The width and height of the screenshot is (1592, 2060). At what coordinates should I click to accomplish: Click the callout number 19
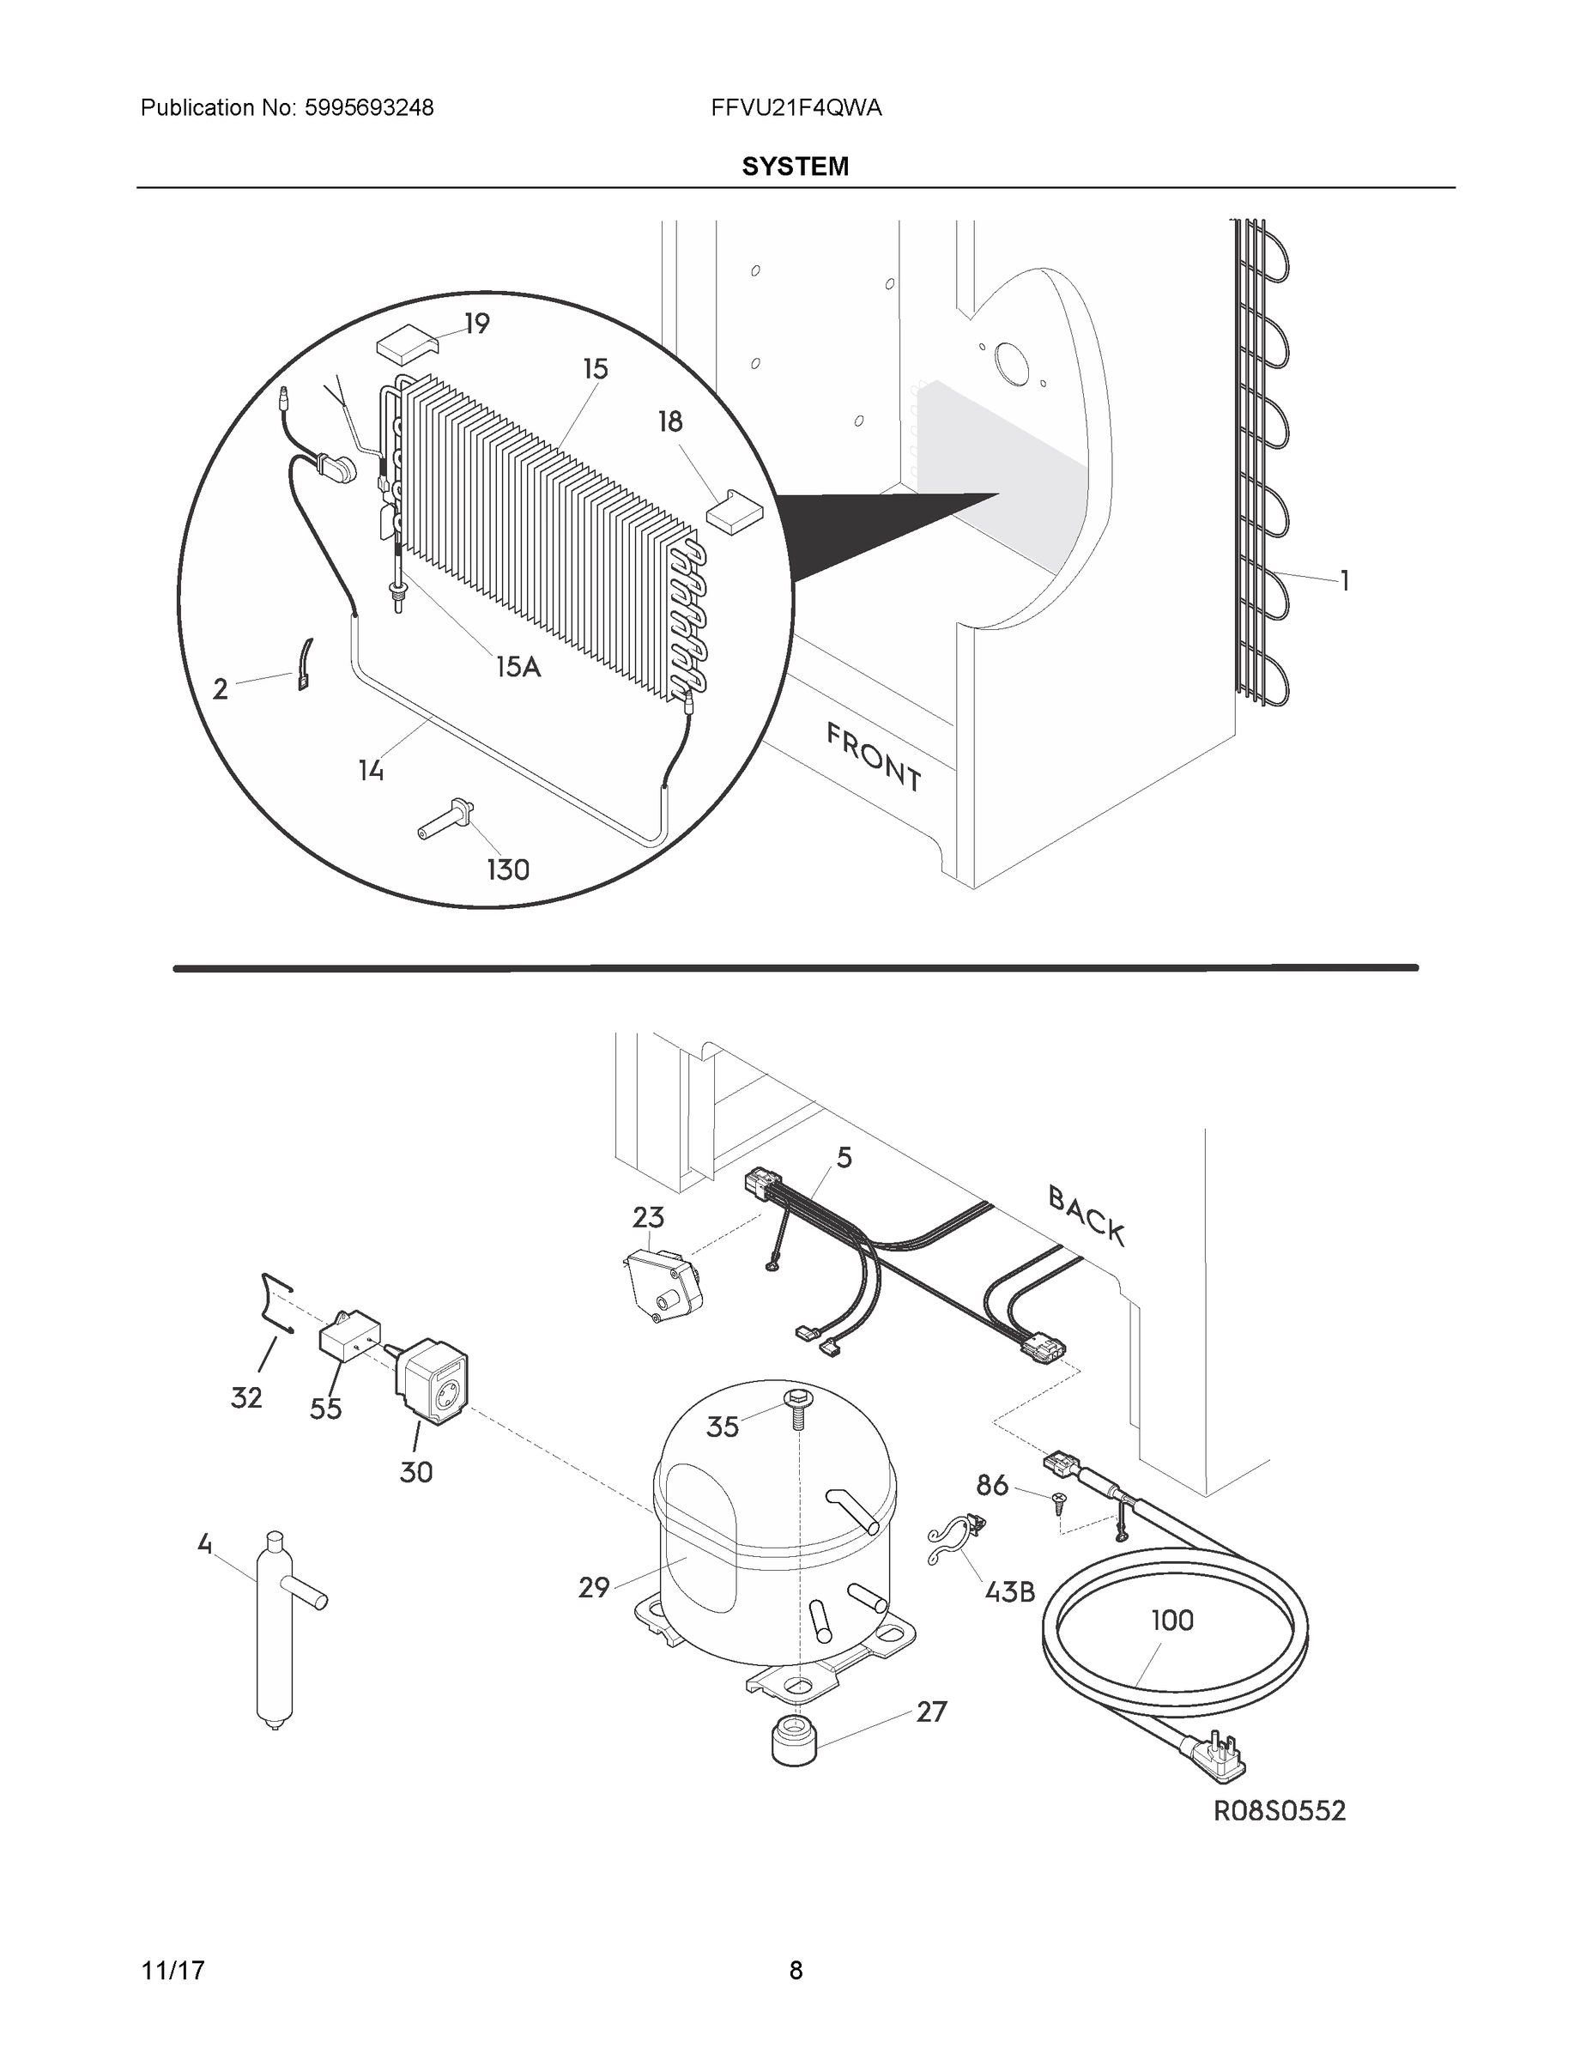[x=477, y=324]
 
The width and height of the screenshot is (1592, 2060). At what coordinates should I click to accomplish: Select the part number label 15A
[x=518, y=667]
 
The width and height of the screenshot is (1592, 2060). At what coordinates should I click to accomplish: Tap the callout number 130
[x=507, y=869]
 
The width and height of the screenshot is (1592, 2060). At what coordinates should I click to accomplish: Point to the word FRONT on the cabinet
[x=874, y=756]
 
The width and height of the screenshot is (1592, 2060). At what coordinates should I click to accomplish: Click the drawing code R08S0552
[x=1279, y=1810]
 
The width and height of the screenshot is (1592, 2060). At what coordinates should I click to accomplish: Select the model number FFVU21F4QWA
[x=796, y=107]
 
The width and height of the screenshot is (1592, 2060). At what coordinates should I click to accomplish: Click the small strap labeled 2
[x=306, y=665]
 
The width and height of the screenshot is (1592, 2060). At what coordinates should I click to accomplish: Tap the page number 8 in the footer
[x=795, y=1970]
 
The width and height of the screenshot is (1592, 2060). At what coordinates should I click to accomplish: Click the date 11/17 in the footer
[x=173, y=1970]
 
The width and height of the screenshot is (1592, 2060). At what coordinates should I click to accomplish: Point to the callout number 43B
[x=1009, y=1591]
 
